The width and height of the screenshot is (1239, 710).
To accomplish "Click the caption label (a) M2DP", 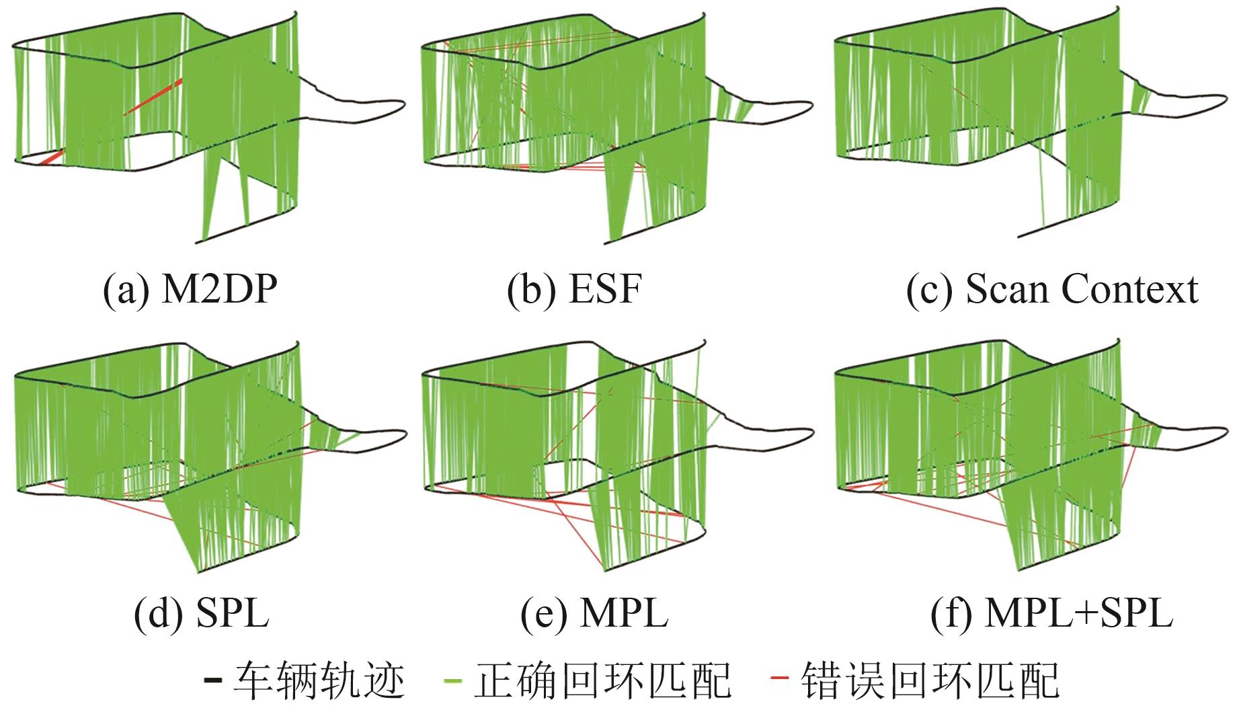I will (190, 290).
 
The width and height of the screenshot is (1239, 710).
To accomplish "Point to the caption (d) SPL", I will (202, 613).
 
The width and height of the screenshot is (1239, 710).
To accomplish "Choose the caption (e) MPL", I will (594, 613).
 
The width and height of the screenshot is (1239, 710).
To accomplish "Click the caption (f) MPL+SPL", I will (1052, 613).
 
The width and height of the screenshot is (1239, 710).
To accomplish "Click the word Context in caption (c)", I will (1130, 290).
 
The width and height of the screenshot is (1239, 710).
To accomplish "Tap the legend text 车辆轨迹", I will (319, 680).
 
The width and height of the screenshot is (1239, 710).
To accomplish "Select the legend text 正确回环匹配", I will (602, 680).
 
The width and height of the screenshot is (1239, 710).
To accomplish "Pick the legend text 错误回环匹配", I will (930, 680).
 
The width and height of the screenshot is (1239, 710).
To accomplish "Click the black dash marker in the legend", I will (213, 680).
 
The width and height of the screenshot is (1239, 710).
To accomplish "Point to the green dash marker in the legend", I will (454, 680).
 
